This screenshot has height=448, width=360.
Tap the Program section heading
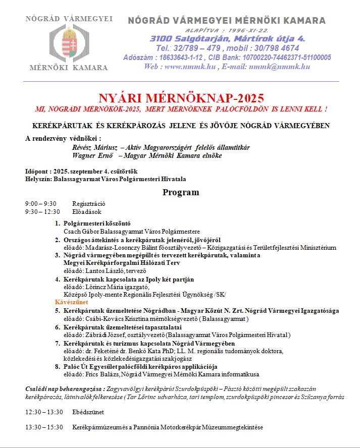(180, 192)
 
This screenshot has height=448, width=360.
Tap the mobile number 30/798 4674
(270, 48)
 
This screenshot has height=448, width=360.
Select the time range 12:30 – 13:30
(44, 412)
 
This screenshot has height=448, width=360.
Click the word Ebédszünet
(88, 412)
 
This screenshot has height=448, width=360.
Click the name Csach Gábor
(80, 231)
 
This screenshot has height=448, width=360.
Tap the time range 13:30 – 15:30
(44, 427)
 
